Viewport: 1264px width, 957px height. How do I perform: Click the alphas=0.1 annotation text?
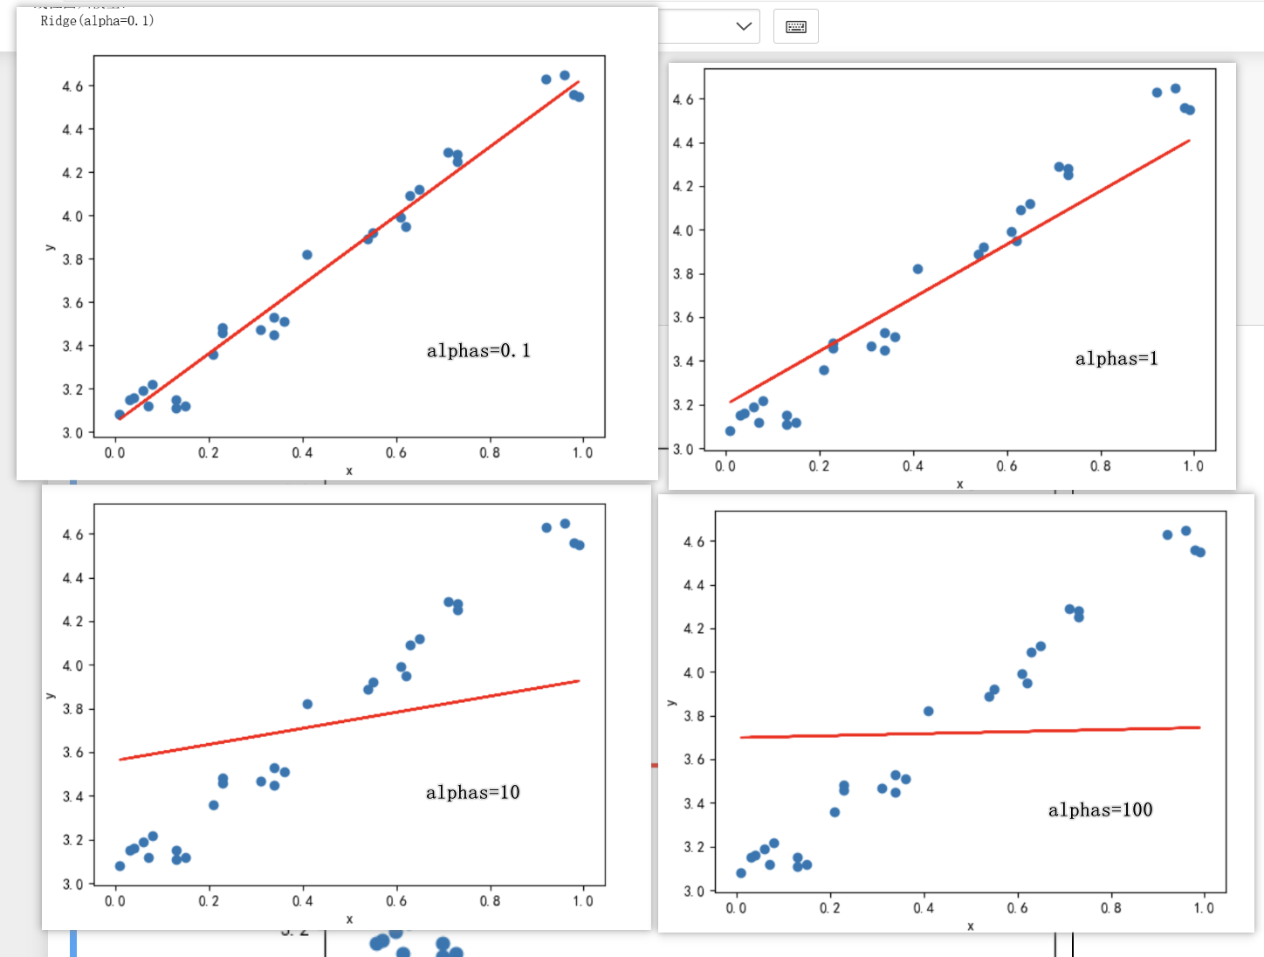(x=478, y=351)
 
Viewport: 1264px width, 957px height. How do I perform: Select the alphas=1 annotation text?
(x=1116, y=359)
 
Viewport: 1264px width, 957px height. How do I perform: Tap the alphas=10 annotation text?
(x=472, y=793)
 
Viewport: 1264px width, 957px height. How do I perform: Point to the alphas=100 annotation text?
(x=1100, y=810)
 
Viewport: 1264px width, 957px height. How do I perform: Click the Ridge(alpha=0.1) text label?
(x=97, y=21)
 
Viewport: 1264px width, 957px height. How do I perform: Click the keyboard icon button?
(x=796, y=26)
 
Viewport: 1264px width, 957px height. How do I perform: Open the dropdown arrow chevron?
(x=744, y=26)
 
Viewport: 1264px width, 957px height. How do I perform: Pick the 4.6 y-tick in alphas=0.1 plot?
(x=72, y=86)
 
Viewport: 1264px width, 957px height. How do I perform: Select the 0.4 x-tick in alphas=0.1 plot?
(x=302, y=453)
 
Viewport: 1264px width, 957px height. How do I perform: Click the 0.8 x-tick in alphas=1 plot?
(x=1100, y=466)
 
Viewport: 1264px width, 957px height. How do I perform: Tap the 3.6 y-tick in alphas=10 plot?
(x=72, y=753)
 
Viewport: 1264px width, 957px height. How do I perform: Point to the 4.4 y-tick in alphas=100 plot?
(x=693, y=585)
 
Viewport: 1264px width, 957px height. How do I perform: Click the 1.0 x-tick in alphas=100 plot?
(x=1204, y=908)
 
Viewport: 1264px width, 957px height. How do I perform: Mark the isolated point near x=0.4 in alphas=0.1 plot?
(x=307, y=255)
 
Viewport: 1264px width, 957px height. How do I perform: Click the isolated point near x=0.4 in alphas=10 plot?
(x=307, y=704)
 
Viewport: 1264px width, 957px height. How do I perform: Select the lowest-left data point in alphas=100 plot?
(x=741, y=873)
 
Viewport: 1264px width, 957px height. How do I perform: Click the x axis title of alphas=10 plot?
(x=349, y=919)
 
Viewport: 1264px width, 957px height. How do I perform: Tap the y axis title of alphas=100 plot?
(x=670, y=703)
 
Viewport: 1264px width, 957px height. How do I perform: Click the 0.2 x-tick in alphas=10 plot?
(x=209, y=901)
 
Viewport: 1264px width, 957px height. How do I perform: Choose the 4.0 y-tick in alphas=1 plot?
(x=683, y=231)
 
